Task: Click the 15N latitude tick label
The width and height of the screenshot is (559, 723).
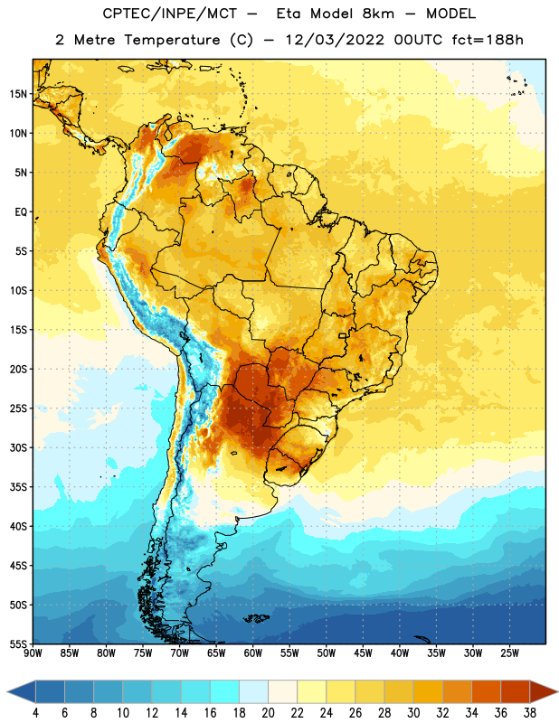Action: coord(18,94)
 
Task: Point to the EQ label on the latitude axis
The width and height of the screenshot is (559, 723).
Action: coord(21,212)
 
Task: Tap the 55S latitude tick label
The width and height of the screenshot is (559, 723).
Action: coord(18,643)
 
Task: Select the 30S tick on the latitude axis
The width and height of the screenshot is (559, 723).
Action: coord(18,447)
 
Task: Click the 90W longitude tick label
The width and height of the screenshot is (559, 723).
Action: coord(33,653)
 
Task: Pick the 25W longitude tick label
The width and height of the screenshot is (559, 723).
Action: coord(509,653)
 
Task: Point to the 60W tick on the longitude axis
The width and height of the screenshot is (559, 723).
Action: coord(253,653)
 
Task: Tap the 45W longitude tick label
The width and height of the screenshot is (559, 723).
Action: coord(363,653)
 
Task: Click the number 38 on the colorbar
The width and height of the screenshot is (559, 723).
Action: coord(529,713)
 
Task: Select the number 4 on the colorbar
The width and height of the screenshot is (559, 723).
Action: coord(35,713)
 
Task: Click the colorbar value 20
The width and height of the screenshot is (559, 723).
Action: coord(268,713)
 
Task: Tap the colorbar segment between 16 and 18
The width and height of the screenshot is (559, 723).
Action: coord(225,691)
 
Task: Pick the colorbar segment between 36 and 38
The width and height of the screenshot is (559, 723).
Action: coord(516,691)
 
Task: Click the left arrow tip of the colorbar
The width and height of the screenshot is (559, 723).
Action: coord(7,691)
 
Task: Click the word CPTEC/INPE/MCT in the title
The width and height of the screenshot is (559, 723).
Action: coord(170,14)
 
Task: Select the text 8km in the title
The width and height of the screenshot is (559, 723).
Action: coord(378,14)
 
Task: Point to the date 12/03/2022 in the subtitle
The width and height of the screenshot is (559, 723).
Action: coord(335,40)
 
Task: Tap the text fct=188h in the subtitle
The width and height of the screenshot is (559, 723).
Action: coord(488,40)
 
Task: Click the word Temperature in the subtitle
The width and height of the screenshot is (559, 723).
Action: coord(172,40)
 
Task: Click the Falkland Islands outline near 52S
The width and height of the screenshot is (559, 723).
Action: coord(257,618)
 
